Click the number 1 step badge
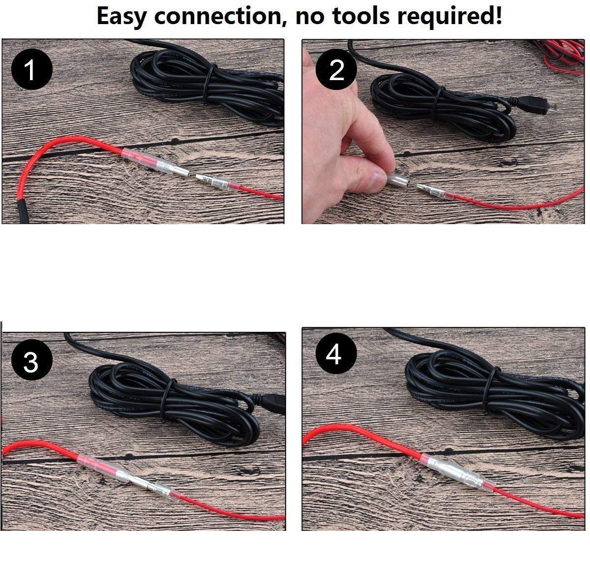tap(32, 69)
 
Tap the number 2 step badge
tap(336, 69)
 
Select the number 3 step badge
tap(32, 359)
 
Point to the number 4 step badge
tap(336, 353)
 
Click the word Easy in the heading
tap(121, 17)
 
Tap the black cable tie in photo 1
tap(207, 83)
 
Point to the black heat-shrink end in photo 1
tap(22, 211)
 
